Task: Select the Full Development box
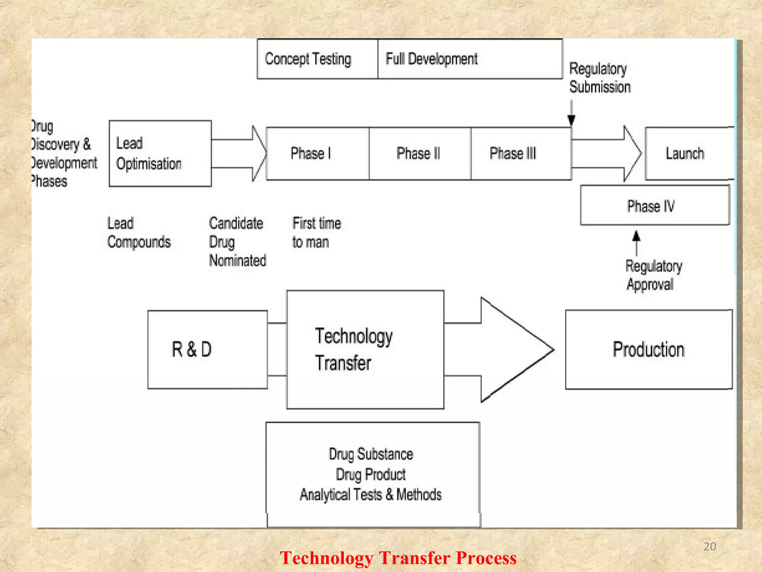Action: (470, 59)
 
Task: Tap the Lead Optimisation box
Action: (160, 153)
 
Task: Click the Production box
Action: (649, 349)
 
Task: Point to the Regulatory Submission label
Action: (600, 78)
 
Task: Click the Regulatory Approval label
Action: (653, 275)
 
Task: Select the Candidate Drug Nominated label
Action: (237, 242)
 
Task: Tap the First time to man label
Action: (316, 233)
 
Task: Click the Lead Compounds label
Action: (138, 233)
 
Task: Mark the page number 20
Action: (710, 546)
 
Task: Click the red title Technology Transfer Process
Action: (398, 558)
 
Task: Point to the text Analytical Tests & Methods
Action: (371, 495)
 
